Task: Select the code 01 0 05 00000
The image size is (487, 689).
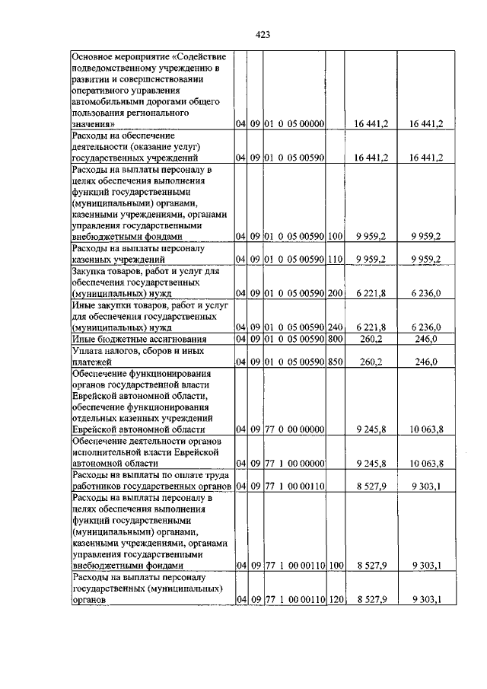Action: pos(294,123)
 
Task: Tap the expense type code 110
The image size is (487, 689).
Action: pos(334,260)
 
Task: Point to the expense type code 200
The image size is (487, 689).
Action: pos(334,293)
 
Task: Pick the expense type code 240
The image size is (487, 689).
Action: pos(334,327)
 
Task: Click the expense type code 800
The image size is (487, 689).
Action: pos(334,339)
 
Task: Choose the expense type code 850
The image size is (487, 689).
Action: pos(334,362)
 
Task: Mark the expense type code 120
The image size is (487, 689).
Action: pos(334,600)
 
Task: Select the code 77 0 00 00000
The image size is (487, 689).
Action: pos(294,429)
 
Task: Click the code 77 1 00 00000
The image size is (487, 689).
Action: pos(294,463)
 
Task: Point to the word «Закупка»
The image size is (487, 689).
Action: pos(91,270)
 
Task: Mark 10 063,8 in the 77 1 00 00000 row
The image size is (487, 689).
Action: pos(427,463)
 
